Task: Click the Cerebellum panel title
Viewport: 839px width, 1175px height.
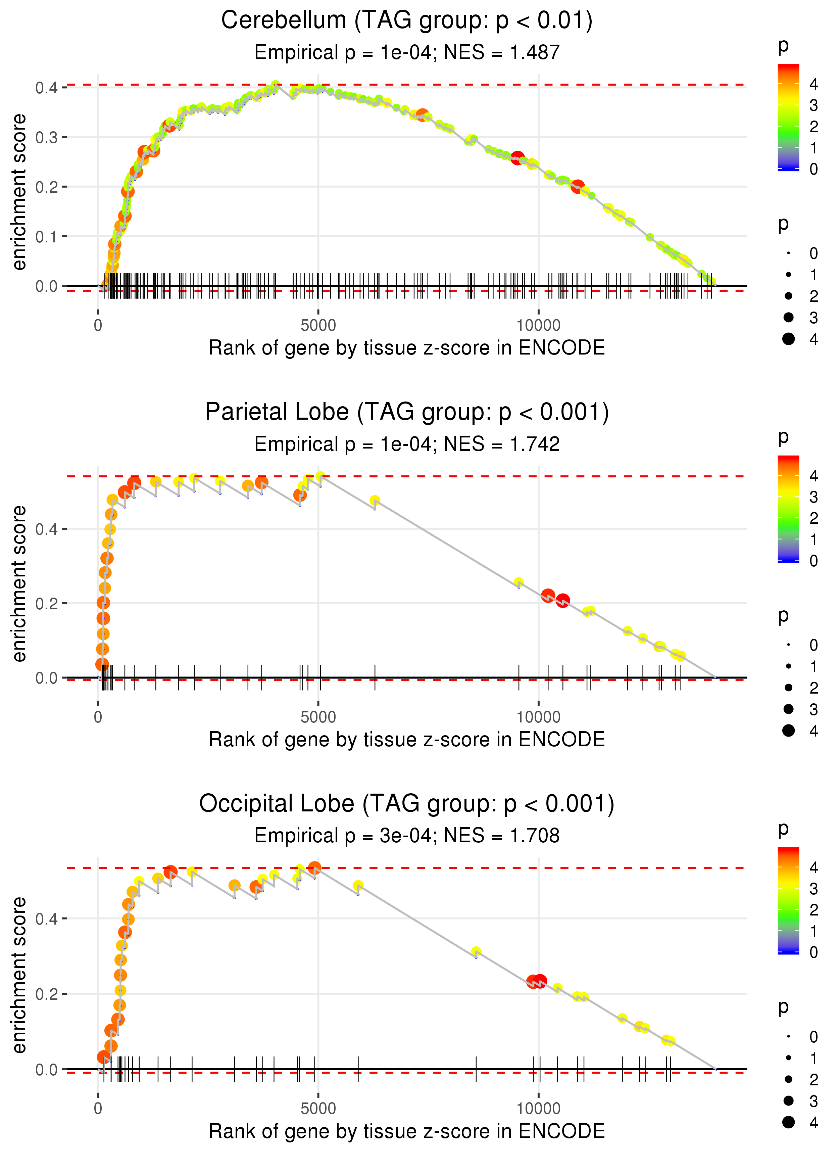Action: [x=407, y=21]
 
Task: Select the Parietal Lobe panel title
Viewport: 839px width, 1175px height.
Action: [x=407, y=412]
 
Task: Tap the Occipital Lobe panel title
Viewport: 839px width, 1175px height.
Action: [x=407, y=804]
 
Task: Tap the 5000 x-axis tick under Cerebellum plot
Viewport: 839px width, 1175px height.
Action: [x=318, y=326]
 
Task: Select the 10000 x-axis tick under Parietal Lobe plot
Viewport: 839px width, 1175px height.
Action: [x=538, y=717]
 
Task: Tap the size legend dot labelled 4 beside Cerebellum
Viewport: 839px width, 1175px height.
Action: [x=788, y=339]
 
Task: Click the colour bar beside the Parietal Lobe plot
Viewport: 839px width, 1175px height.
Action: [x=788, y=509]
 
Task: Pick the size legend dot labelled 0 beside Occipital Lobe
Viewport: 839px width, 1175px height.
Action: [x=788, y=1037]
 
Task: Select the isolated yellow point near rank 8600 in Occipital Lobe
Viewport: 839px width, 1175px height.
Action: [x=476, y=951]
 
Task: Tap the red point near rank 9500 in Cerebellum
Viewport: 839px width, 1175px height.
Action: [x=517, y=158]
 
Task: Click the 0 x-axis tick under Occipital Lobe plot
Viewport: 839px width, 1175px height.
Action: [x=98, y=1109]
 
